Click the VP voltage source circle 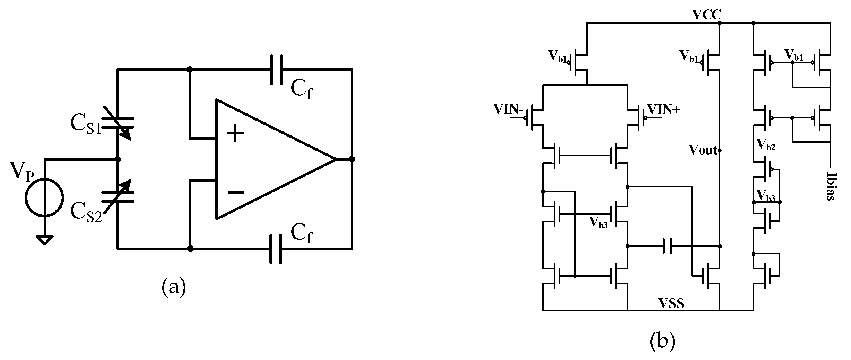click(44, 197)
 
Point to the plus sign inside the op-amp click(235, 133)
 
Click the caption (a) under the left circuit click(174, 287)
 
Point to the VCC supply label click(707, 15)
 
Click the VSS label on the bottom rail click(672, 303)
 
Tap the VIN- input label click(508, 109)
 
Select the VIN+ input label click(663, 109)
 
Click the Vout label click(703, 150)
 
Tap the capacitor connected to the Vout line click(667, 246)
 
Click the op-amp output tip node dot click(352, 160)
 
